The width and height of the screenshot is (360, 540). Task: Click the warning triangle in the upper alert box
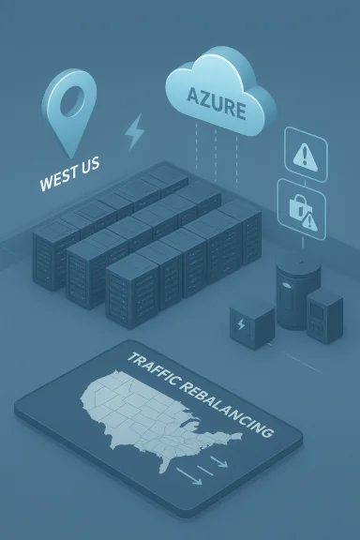click(306, 153)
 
